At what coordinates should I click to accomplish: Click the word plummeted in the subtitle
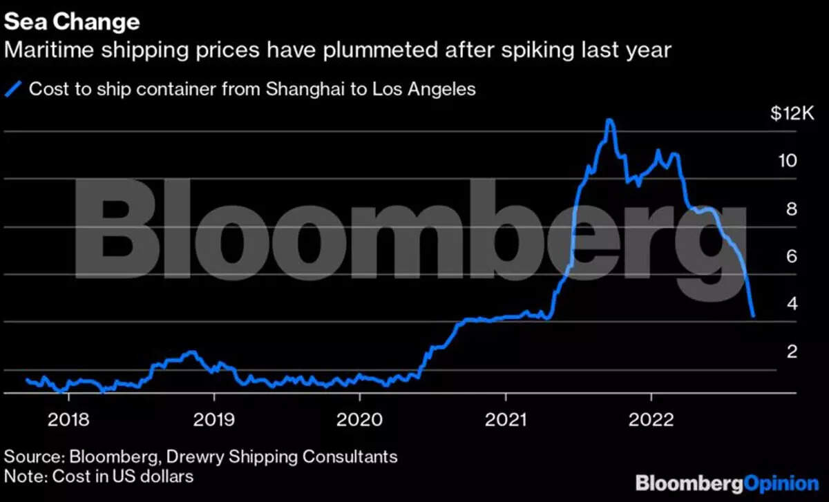[x=345, y=50]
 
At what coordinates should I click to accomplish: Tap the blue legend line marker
[x=15, y=90]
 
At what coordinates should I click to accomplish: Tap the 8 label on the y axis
[x=793, y=209]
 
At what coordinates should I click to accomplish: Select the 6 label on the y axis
[x=793, y=256]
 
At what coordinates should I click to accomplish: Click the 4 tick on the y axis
[x=793, y=304]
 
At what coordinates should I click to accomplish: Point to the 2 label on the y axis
[x=793, y=351]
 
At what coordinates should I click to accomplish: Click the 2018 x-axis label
[x=68, y=419]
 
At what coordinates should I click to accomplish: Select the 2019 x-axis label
[x=214, y=419]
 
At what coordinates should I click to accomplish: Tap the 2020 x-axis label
[x=360, y=419]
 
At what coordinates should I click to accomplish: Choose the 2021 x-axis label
[x=506, y=419]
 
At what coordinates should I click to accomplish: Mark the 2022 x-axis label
[x=651, y=419]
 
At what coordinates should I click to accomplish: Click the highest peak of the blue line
[x=609, y=120]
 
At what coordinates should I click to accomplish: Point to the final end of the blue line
[x=753, y=316]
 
